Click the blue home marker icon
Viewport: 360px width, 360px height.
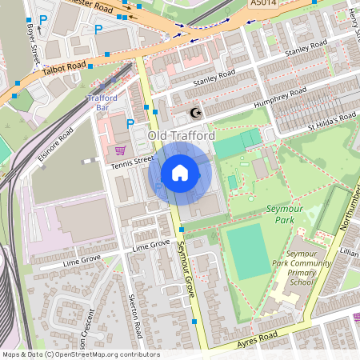180,172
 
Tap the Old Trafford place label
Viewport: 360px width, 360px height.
181,137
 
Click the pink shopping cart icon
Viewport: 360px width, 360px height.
120,150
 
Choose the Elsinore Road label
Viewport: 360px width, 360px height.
55,144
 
